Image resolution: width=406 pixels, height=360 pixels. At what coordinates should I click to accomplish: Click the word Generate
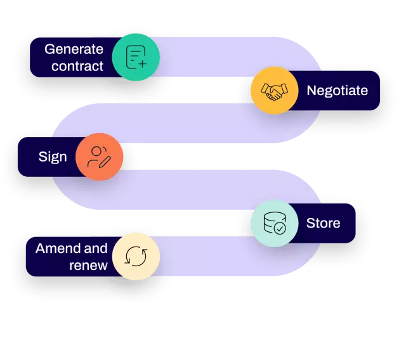tap(74, 49)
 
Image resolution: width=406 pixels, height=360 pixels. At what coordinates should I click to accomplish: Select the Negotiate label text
tap(337, 91)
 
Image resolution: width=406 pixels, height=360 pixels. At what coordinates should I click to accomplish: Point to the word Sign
tap(52, 157)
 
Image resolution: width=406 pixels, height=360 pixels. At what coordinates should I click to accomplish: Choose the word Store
tap(323, 223)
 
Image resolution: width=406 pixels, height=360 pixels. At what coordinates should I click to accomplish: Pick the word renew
tap(88, 265)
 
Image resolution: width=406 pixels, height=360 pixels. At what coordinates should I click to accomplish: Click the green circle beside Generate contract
tap(136, 58)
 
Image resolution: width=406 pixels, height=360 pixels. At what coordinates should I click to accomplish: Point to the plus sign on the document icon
tap(141, 63)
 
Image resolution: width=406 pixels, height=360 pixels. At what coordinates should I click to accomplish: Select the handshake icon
tap(274, 91)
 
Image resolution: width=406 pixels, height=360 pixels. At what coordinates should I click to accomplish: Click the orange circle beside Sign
tap(99, 157)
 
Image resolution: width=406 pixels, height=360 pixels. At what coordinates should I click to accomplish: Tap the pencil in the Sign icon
tap(105, 161)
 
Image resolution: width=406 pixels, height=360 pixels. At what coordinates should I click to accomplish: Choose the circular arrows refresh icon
tap(136, 256)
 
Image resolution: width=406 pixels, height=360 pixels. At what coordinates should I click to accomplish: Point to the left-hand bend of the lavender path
tap(63, 158)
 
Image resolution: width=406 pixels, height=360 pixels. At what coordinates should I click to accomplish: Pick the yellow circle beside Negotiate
tap(274, 91)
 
